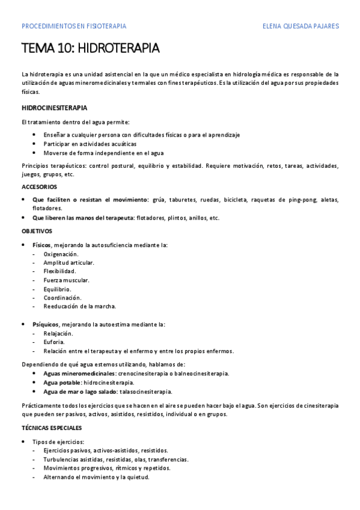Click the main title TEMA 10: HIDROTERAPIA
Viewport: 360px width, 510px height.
90,48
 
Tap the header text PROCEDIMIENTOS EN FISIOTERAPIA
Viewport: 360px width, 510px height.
73,26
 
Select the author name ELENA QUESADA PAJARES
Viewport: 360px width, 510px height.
301,26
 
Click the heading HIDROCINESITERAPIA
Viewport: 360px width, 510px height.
55,108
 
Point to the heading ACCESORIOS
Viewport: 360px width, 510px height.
40,187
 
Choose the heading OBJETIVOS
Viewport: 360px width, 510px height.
37,231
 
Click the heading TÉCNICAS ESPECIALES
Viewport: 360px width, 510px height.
52,428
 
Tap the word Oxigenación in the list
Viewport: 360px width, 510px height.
61,254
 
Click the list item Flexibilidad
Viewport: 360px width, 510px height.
59,271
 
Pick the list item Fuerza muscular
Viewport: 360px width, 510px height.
66,280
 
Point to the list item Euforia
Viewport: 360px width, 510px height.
54,342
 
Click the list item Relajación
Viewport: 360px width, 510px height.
58,333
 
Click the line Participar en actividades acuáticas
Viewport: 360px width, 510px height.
90,144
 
